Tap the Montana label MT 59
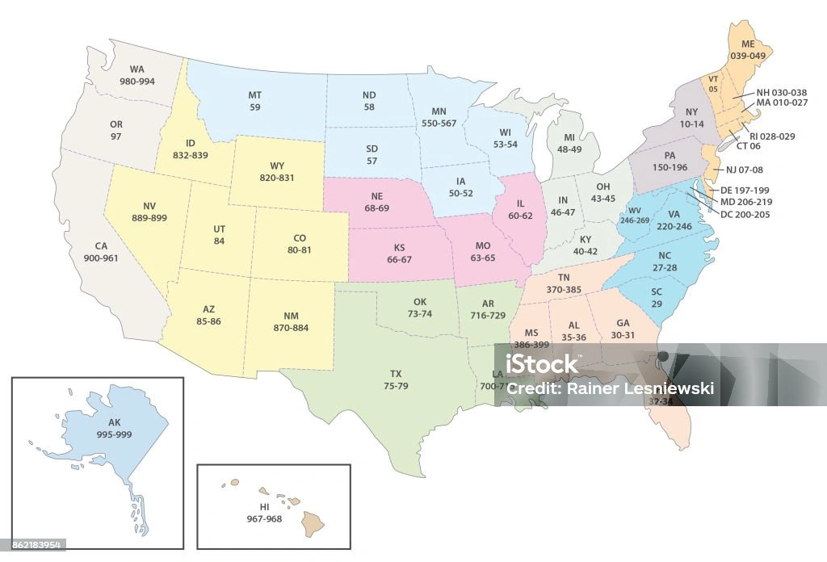254,100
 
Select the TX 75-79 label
396,380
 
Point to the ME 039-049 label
746,50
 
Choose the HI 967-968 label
264,513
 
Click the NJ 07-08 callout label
744,170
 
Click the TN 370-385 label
563,283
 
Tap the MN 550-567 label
439,116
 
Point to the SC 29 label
657,298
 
